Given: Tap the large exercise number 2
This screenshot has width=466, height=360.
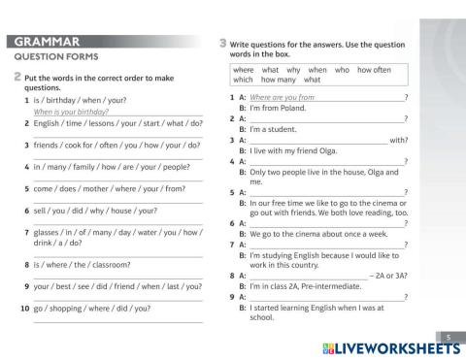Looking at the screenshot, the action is coord(17,77).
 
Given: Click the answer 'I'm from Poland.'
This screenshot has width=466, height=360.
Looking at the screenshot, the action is coord(282,109).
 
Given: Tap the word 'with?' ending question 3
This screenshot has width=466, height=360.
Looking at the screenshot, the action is coord(397,140).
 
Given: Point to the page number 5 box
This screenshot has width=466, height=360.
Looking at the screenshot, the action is coord(448,336).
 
